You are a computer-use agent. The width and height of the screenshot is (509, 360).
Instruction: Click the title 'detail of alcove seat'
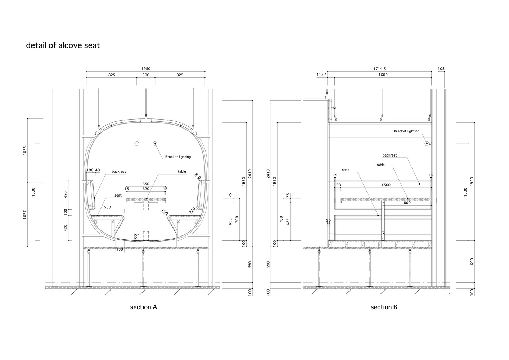(x=63, y=46)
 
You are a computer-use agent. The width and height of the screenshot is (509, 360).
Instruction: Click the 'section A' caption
(x=143, y=307)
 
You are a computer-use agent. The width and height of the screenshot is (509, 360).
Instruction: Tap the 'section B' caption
(x=384, y=307)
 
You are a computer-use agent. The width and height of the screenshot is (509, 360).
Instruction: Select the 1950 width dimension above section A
(x=146, y=69)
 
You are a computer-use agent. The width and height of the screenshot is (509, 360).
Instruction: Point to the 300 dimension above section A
(x=146, y=75)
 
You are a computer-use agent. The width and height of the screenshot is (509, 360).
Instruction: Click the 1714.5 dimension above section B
(x=379, y=69)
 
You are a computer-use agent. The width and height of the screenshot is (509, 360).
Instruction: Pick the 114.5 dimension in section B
(x=321, y=75)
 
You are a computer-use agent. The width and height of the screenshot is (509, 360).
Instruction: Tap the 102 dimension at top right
(x=441, y=69)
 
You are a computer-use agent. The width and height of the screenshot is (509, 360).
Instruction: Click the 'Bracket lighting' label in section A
(x=178, y=157)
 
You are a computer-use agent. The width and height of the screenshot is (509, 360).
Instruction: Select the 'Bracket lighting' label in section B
(x=406, y=131)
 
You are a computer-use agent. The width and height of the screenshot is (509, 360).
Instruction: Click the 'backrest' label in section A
(x=119, y=172)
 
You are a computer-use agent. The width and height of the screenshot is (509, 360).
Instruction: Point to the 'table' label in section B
(x=380, y=165)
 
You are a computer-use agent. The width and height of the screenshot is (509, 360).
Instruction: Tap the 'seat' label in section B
(x=345, y=170)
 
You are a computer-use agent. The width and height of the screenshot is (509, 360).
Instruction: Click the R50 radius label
(x=165, y=212)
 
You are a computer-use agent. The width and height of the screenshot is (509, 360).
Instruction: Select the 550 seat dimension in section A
(x=107, y=207)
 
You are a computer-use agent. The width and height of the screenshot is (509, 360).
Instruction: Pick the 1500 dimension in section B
(x=386, y=185)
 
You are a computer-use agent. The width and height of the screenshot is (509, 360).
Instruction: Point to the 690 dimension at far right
(x=472, y=261)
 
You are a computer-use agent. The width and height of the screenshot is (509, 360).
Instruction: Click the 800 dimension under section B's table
(x=407, y=203)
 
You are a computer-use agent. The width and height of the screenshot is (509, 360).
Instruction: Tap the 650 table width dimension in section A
(x=146, y=184)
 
